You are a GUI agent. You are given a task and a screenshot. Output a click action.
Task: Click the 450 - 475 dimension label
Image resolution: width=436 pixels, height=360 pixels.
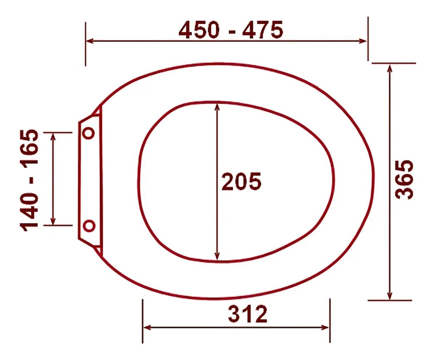coord(231,29)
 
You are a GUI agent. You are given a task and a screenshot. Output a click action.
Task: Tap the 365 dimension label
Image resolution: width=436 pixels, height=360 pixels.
coord(405,179)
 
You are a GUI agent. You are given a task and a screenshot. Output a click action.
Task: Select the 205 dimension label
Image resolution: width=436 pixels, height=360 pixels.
coord(241,181)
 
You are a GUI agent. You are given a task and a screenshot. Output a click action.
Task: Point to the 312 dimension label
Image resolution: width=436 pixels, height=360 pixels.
coord(248,314)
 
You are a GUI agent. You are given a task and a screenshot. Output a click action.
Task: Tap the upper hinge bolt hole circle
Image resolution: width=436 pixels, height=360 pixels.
coord(89,133)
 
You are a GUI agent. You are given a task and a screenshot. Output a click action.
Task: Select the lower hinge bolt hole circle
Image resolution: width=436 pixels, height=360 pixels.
coord(89,225)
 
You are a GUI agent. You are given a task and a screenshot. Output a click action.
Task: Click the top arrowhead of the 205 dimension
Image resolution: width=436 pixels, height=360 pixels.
coord(217,107)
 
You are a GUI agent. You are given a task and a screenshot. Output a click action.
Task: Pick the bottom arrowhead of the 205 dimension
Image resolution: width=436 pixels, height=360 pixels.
coord(217,257)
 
